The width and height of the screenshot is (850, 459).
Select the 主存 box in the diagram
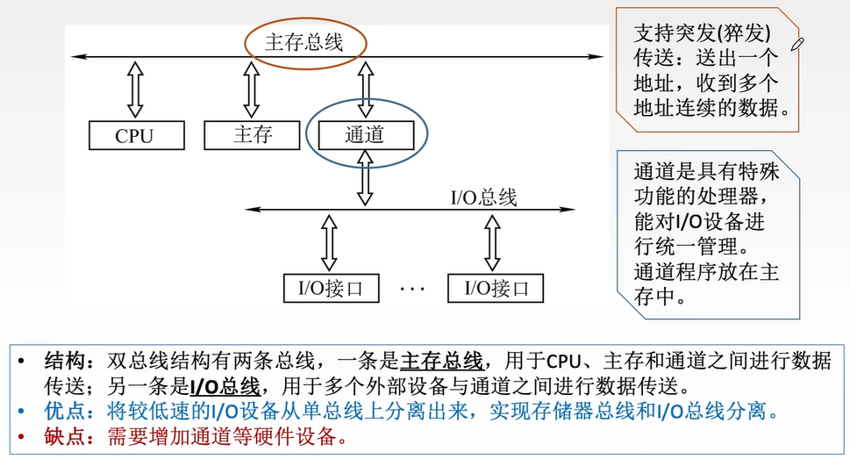pyautogui.click(x=253, y=134)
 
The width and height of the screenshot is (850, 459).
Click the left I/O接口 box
pyautogui.click(x=331, y=287)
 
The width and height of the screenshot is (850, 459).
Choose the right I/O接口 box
pyautogui.click(x=495, y=287)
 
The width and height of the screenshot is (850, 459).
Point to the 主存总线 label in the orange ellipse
pyautogui.click(x=304, y=41)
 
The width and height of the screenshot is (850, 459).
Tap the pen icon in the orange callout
pyautogui.click(x=797, y=43)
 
